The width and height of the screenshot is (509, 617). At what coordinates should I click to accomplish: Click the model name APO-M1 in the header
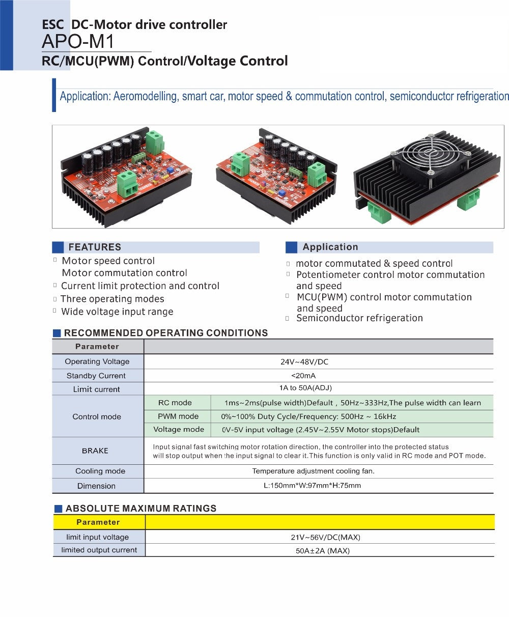(78, 40)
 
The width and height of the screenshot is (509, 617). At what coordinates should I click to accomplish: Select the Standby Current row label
(96, 376)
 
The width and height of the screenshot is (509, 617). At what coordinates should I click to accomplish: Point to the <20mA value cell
(303, 376)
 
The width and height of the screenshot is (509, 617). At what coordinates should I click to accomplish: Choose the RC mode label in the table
(175, 403)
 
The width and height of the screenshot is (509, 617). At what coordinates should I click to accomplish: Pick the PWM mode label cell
(178, 416)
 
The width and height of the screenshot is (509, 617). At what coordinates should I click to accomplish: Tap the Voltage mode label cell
(179, 429)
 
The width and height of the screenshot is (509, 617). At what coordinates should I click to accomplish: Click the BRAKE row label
(95, 451)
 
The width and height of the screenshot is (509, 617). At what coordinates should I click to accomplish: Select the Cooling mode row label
(100, 471)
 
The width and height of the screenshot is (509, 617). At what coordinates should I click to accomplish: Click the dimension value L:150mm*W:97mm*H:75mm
(312, 485)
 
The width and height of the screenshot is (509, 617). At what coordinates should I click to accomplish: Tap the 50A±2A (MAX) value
(323, 550)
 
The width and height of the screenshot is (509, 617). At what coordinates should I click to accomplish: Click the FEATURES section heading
(95, 247)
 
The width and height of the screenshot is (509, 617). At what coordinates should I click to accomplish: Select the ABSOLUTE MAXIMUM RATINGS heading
(141, 508)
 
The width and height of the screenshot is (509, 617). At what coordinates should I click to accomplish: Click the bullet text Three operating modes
(112, 299)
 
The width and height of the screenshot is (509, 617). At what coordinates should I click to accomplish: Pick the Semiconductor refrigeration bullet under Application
(359, 318)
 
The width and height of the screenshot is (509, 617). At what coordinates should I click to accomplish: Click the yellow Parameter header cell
(98, 522)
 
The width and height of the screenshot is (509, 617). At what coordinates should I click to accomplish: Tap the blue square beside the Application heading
(291, 247)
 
